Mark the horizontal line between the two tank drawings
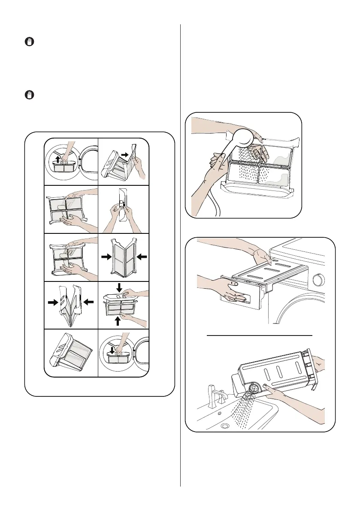260,335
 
